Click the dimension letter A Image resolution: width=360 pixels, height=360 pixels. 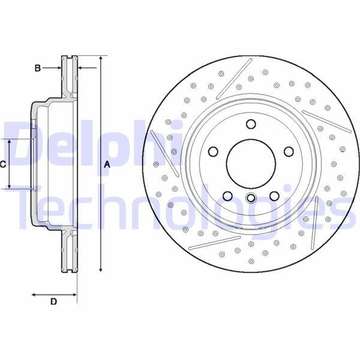(x=107, y=164)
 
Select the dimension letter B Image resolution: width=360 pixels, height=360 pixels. (x=37, y=68)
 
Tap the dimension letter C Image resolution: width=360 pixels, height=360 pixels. (x=3, y=164)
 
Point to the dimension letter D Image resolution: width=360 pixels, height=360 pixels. (x=53, y=301)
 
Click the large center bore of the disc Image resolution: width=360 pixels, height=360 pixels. (x=251, y=164)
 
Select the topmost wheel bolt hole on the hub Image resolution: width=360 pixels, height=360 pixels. (x=251, y=124)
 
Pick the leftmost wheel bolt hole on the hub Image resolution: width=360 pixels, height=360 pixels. (x=213, y=152)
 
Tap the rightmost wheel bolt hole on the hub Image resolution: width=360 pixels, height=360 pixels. (x=289, y=152)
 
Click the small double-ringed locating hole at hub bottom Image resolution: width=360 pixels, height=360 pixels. (x=251, y=197)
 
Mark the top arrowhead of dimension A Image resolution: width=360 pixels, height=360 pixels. (x=101, y=58)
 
